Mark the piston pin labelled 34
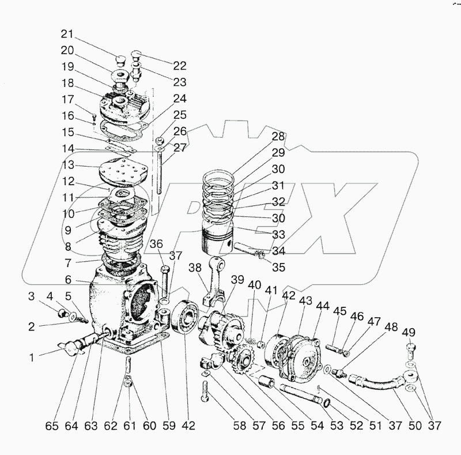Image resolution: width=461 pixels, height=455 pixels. (x=244, y=249)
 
